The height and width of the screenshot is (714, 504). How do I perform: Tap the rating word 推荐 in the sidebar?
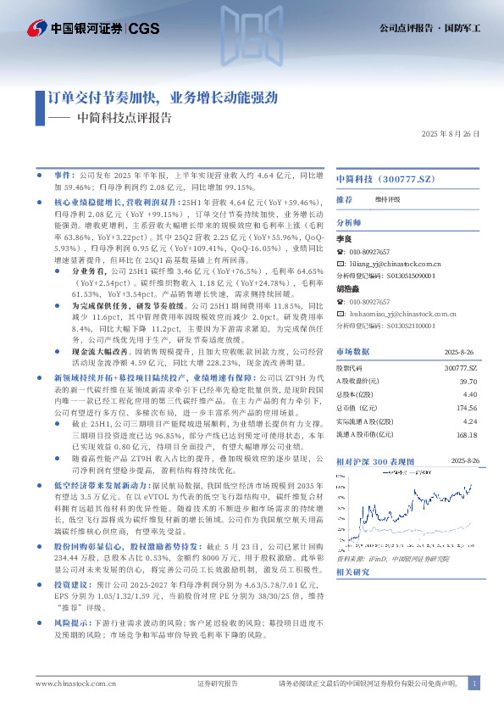pos(344,200)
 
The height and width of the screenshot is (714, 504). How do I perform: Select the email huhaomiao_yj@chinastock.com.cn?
pos(400,314)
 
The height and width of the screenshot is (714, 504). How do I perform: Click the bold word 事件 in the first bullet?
pos(64,171)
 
